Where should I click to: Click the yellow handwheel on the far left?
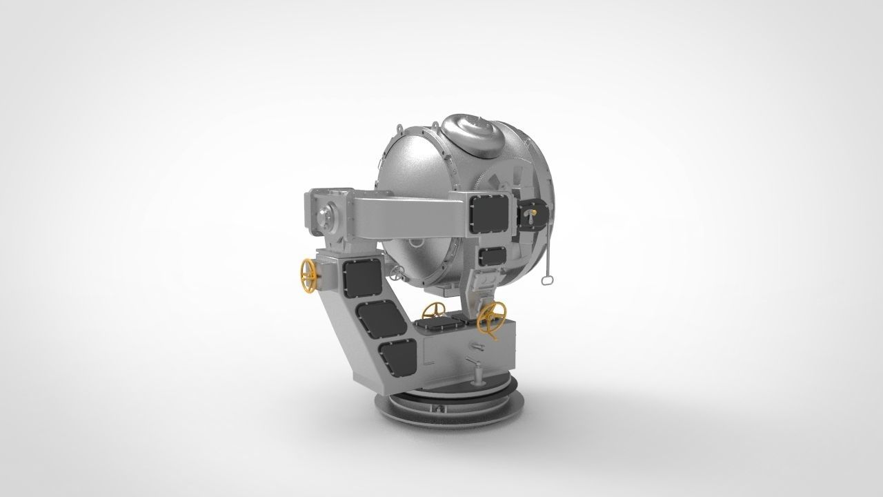click(x=307, y=275)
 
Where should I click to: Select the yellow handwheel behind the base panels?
click(x=433, y=310)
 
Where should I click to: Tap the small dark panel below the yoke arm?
click(x=491, y=256)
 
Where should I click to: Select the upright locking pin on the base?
click(x=475, y=373)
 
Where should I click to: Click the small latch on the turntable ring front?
click(x=437, y=408)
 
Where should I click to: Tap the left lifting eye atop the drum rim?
click(x=399, y=129)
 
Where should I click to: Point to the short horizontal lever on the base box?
click(x=475, y=344)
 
